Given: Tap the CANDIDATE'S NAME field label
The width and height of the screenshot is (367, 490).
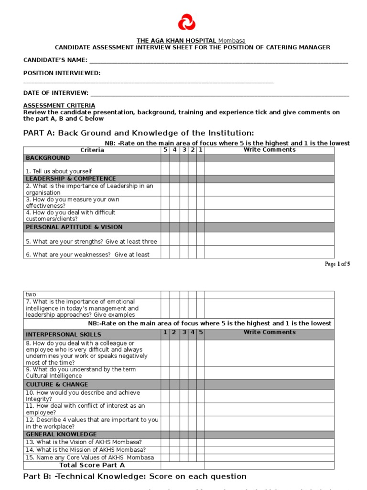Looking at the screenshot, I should tap(55, 60).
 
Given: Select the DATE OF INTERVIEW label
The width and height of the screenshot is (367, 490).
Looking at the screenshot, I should tap(56, 93).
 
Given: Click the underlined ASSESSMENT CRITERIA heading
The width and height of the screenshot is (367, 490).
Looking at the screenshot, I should tap(59, 105).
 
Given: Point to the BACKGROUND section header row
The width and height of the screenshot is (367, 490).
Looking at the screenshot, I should tap(48, 158).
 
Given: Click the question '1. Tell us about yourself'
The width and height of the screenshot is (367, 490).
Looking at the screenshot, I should tap(59, 171).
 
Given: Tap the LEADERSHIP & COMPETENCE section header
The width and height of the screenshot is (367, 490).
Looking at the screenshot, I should tap(71, 179).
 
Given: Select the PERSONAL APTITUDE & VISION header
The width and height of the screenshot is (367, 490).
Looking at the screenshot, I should tap(74, 227).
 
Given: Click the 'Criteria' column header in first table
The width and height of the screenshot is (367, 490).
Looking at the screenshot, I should tap(92, 150).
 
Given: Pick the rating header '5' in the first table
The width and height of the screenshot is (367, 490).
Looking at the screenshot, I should tap(165, 150).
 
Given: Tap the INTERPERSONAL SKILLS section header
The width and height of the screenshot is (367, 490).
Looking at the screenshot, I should tap(64, 334).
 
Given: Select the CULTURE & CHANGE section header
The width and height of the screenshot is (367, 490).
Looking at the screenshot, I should tap(57, 385).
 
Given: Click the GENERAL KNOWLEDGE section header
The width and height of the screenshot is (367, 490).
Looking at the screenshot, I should tap(61, 434).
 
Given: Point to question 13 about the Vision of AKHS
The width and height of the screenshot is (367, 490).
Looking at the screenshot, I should tap(84, 442).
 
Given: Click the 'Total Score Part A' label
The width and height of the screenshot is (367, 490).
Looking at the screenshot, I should tap(92, 465).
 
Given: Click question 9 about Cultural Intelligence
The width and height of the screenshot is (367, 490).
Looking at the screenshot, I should tap(81, 373).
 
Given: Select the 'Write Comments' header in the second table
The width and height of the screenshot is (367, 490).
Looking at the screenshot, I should tap(270, 332).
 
